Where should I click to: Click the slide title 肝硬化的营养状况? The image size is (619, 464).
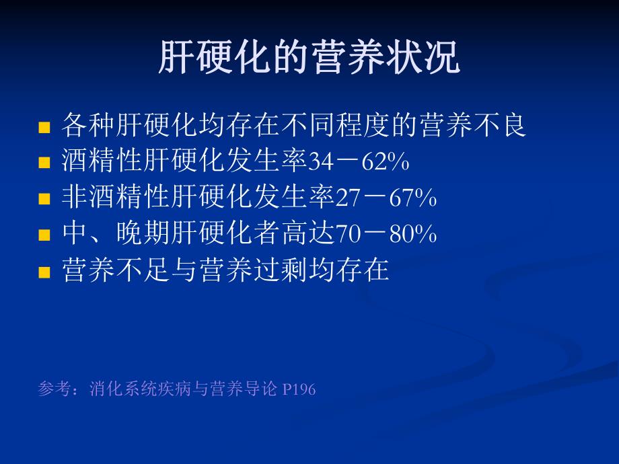pyautogui.click(x=309, y=58)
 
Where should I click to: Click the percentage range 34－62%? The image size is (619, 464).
pyautogui.click(x=359, y=162)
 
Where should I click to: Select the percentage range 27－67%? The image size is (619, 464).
pyautogui.click(x=386, y=198)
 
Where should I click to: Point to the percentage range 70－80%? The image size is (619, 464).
pyautogui.click(x=386, y=235)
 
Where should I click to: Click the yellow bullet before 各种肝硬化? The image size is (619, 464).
pyautogui.click(x=45, y=127)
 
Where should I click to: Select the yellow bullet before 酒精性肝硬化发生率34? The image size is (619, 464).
pyautogui.click(x=45, y=163)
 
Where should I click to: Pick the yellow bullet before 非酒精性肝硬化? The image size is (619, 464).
pyautogui.click(x=45, y=199)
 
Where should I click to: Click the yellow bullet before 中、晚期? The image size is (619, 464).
pyautogui.click(x=45, y=235)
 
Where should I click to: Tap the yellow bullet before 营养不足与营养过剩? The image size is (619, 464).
pyautogui.click(x=45, y=272)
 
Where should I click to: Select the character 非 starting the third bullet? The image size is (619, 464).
pyautogui.click(x=75, y=198)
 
